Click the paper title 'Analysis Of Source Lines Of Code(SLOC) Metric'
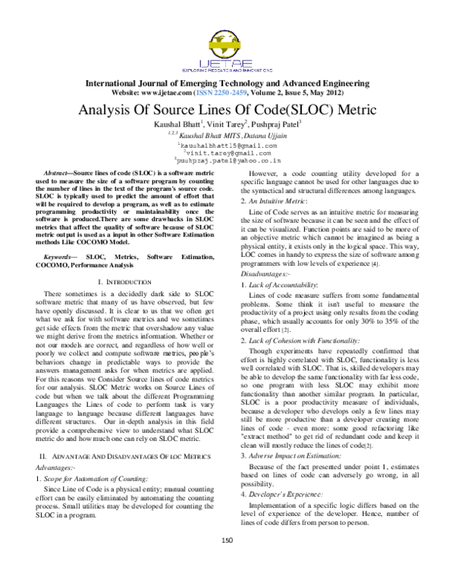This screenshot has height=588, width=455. (227, 110)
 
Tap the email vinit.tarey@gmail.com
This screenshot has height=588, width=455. (230, 152)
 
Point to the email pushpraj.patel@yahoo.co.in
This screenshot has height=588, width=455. (230, 161)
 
